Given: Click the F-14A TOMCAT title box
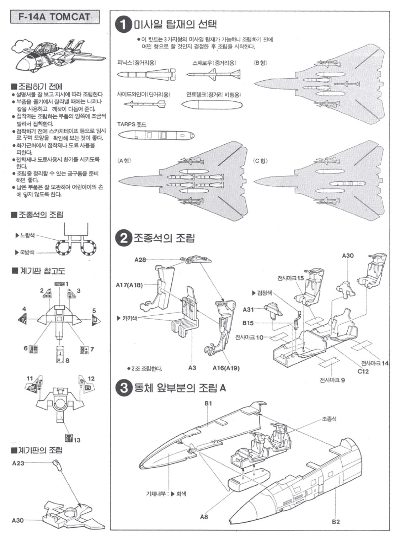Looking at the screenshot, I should point(55,17).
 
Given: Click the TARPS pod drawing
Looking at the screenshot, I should point(156,135).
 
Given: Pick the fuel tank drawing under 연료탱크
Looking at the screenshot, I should point(211,105).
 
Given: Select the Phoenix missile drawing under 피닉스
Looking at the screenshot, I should point(146,75).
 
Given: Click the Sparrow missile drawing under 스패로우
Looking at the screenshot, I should point(213,75).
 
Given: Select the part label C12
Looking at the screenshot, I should point(363,372).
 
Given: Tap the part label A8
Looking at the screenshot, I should point(204,516).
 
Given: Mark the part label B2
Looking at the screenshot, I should point(336,521).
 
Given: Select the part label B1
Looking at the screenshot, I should point(208,403).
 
